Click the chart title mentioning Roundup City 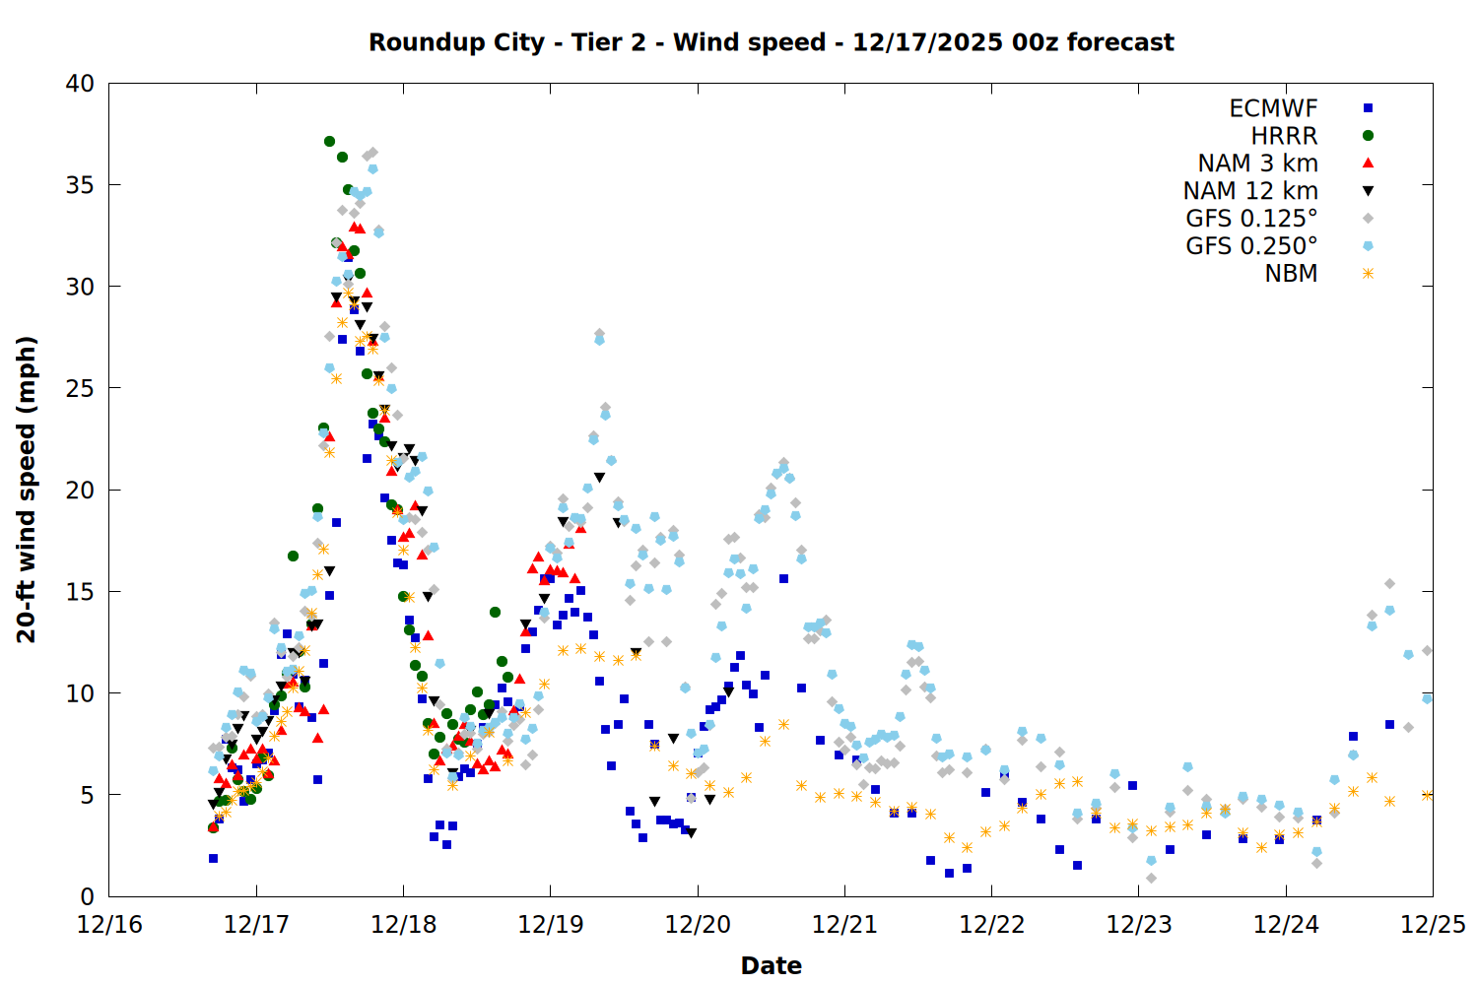(x=771, y=42)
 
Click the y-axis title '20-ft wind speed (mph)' (x=27, y=490)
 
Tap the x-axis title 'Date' (x=771, y=965)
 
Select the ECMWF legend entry (x=1273, y=108)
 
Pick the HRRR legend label (x=1284, y=136)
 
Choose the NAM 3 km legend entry (x=1257, y=164)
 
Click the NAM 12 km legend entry (x=1250, y=191)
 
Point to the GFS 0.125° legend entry (x=1251, y=219)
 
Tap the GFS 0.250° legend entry (x=1251, y=246)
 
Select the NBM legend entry (x=1291, y=274)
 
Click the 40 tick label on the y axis (x=80, y=84)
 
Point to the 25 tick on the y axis (x=80, y=388)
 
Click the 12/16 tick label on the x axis (x=109, y=925)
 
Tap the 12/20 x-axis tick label (x=698, y=925)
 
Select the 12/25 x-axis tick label (x=1433, y=925)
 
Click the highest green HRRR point (x=329, y=142)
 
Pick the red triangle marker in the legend (x=1368, y=164)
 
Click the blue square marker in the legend (x=1368, y=108)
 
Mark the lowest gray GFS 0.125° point (x=1151, y=878)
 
